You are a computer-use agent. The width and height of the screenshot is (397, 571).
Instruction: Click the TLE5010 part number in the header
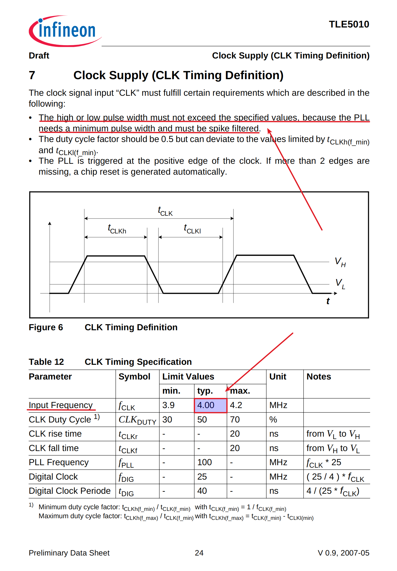(x=349, y=24)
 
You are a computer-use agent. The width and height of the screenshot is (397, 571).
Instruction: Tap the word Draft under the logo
(x=39, y=55)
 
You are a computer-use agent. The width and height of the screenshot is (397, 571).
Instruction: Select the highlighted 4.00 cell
(x=210, y=405)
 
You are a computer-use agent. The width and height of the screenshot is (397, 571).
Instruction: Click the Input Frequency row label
(x=61, y=405)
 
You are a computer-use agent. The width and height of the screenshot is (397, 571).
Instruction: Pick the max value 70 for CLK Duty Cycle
(x=235, y=420)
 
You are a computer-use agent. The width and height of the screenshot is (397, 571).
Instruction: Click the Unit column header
(x=278, y=377)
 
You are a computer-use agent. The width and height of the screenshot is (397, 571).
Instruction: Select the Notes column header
(x=319, y=377)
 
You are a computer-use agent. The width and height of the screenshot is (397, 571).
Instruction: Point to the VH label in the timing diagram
(x=340, y=262)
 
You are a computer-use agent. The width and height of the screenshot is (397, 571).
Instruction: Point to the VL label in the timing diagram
(x=340, y=283)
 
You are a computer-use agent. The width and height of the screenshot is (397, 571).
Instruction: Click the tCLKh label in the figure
(x=117, y=229)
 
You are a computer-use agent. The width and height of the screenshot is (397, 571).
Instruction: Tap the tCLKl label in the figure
(x=192, y=229)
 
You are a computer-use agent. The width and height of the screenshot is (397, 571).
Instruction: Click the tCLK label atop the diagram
(x=165, y=211)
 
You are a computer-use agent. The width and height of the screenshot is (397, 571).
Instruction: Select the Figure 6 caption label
(x=46, y=327)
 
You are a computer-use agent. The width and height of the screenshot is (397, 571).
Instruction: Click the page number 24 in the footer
(x=199, y=553)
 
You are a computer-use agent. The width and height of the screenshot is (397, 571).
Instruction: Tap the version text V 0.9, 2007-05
(x=343, y=553)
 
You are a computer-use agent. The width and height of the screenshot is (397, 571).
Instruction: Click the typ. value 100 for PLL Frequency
(x=204, y=462)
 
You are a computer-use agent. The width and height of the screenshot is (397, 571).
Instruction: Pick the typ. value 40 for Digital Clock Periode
(x=202, y=491)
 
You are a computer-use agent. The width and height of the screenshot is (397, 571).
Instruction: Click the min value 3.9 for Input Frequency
(x=168, y=405)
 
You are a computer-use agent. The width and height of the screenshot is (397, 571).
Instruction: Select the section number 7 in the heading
(x=32, y=75)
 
